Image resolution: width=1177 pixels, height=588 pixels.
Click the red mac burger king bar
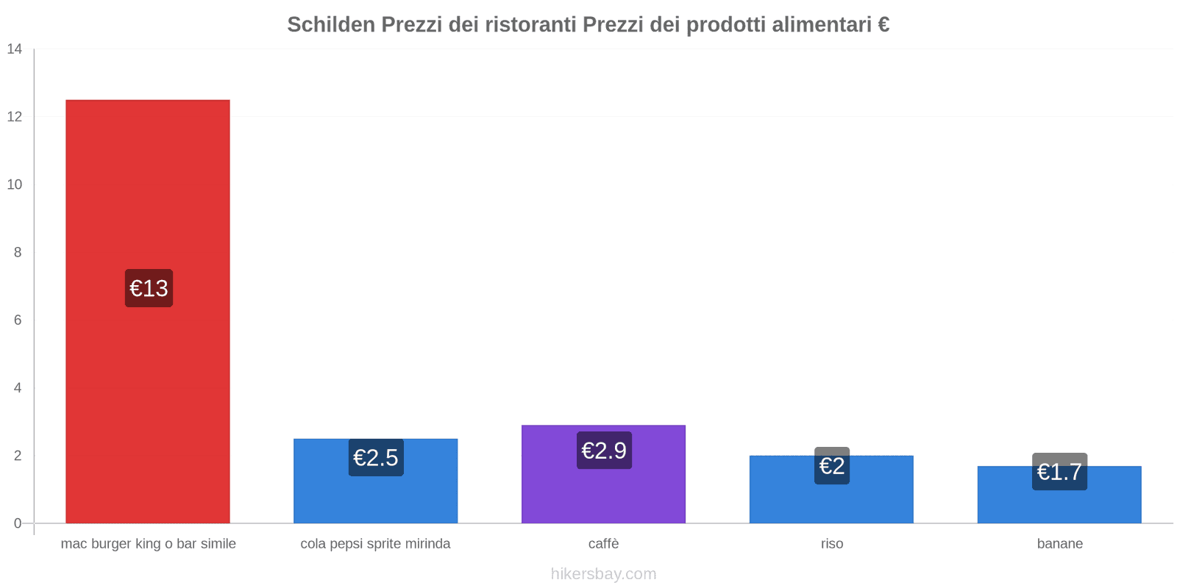(147, 184)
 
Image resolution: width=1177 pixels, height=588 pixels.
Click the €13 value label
(149, 288)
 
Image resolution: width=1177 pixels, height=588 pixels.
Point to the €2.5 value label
(376, 457)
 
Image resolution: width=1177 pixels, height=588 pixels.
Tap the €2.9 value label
(604, 450)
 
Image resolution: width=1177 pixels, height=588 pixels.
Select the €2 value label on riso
(832, 466)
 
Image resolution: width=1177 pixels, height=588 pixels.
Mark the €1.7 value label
(1059, 472)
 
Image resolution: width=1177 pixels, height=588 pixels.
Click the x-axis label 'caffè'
(603, 544)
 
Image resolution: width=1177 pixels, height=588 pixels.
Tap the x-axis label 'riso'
(832, 544)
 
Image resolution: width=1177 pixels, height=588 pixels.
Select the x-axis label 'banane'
(1059, 544)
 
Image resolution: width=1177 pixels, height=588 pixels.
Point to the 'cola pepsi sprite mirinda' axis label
(375, 544)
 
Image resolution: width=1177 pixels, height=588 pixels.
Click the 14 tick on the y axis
(15, 49)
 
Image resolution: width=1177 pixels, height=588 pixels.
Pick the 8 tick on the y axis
(18, 252)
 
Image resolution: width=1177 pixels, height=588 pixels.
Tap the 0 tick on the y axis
(18, 523)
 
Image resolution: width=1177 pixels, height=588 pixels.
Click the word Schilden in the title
(331, 25)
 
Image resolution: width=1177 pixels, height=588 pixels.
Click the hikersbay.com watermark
(603, 574)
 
